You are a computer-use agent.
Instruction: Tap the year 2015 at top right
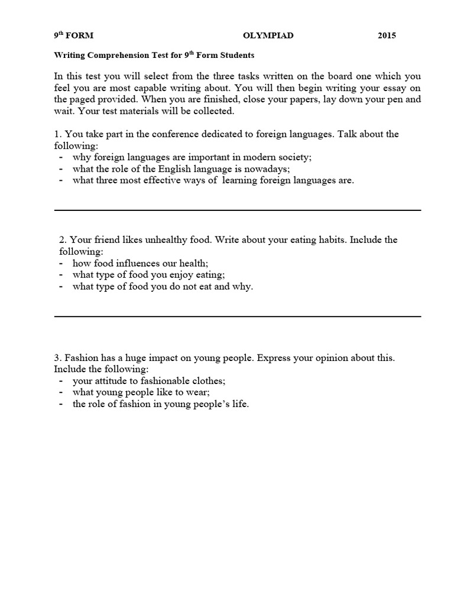point(387,35)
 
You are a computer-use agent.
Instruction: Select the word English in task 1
point(170,169)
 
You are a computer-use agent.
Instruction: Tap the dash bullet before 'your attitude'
point(61,381)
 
